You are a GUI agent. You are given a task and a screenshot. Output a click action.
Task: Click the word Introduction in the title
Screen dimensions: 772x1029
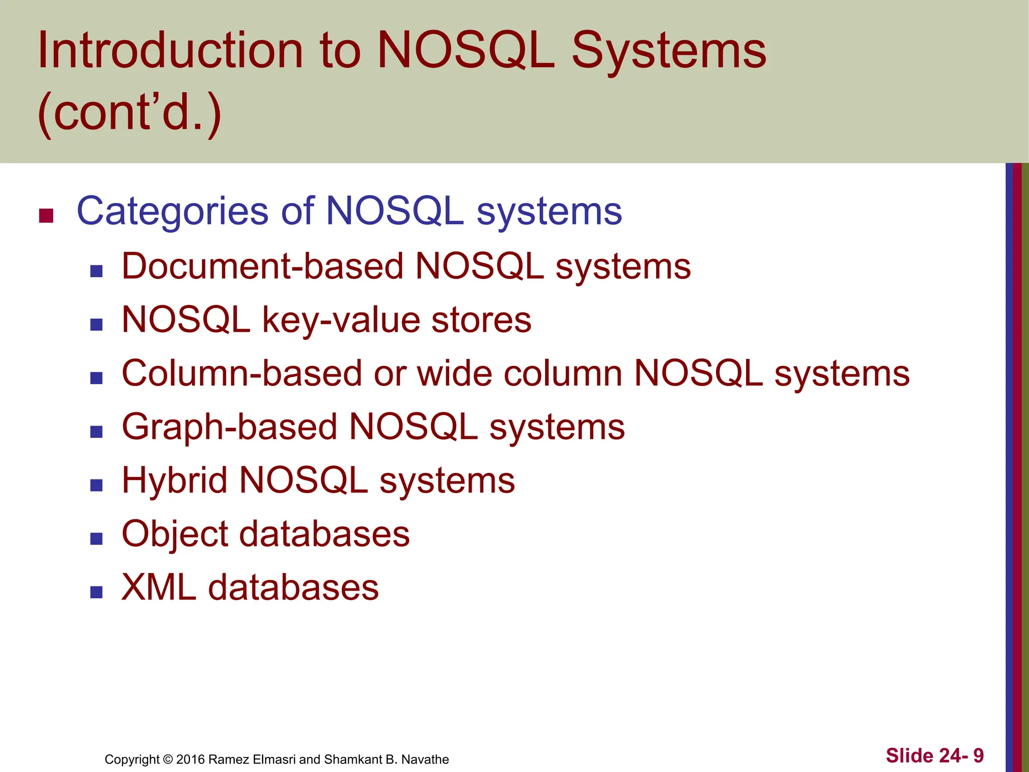pos(170,50)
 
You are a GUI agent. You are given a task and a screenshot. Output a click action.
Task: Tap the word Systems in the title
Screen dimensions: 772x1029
pos(669,50)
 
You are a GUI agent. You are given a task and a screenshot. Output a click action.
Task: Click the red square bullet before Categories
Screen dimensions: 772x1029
pos(46,216)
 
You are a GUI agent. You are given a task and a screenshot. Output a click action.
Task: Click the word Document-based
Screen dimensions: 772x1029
pos(262,266)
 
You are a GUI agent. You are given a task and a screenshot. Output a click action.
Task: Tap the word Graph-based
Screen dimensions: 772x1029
pos(229,427)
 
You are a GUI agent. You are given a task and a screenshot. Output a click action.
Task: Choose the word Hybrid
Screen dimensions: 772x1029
pos(174,480)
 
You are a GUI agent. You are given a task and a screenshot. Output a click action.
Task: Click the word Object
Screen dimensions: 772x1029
pos(175,534)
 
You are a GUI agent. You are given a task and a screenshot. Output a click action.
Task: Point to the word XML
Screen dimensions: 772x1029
pos(159,587)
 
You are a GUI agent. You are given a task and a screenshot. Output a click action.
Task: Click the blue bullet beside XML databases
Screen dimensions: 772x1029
pos(96,592)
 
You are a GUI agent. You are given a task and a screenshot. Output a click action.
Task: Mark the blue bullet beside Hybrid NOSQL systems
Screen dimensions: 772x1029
pos(96,485)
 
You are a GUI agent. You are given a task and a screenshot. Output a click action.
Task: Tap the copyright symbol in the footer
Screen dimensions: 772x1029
pos(168,759)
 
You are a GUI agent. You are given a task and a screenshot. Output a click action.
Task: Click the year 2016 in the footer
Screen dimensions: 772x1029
pos(190,759)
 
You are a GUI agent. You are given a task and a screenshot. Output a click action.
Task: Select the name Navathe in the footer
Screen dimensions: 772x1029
pos(425,759)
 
